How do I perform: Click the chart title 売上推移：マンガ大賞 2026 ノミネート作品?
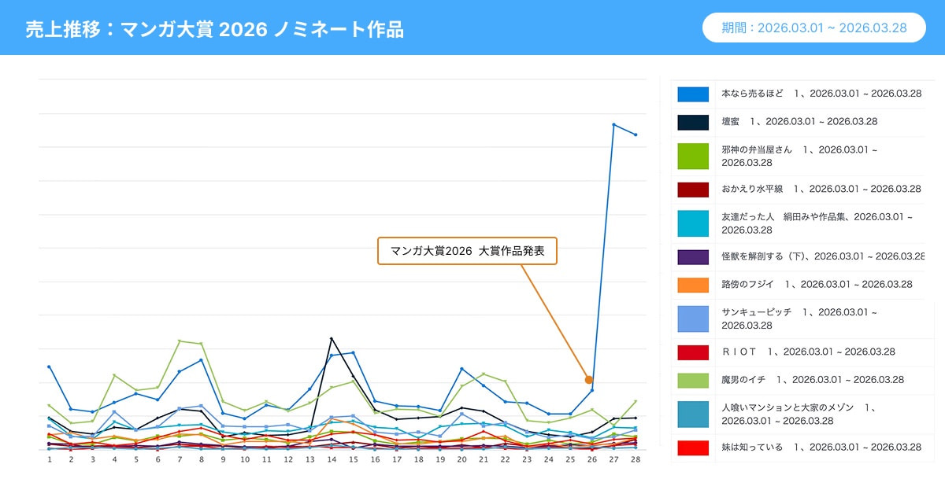[x=214, y=29]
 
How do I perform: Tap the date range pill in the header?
[x=813, y=28]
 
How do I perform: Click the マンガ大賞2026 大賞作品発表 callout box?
[x=467, y=251]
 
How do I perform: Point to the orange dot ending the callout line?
[x=588, y=380]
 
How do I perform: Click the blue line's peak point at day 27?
[x=613, y=124]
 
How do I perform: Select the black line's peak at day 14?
[x=332, y=338]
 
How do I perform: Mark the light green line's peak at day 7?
[x=180, y=341]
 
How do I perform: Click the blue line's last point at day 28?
[x=636, y=134]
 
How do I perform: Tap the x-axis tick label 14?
[x=332, y=459]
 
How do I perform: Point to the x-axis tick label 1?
[x=49, y=459]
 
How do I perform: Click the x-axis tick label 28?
[x=636, y=459]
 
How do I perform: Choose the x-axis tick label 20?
[x=461, y=459]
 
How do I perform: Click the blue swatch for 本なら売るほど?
[x=693, y=94]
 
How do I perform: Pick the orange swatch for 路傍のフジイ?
[x=693, y=284]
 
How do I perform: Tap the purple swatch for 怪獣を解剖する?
[x=693, y=256]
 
